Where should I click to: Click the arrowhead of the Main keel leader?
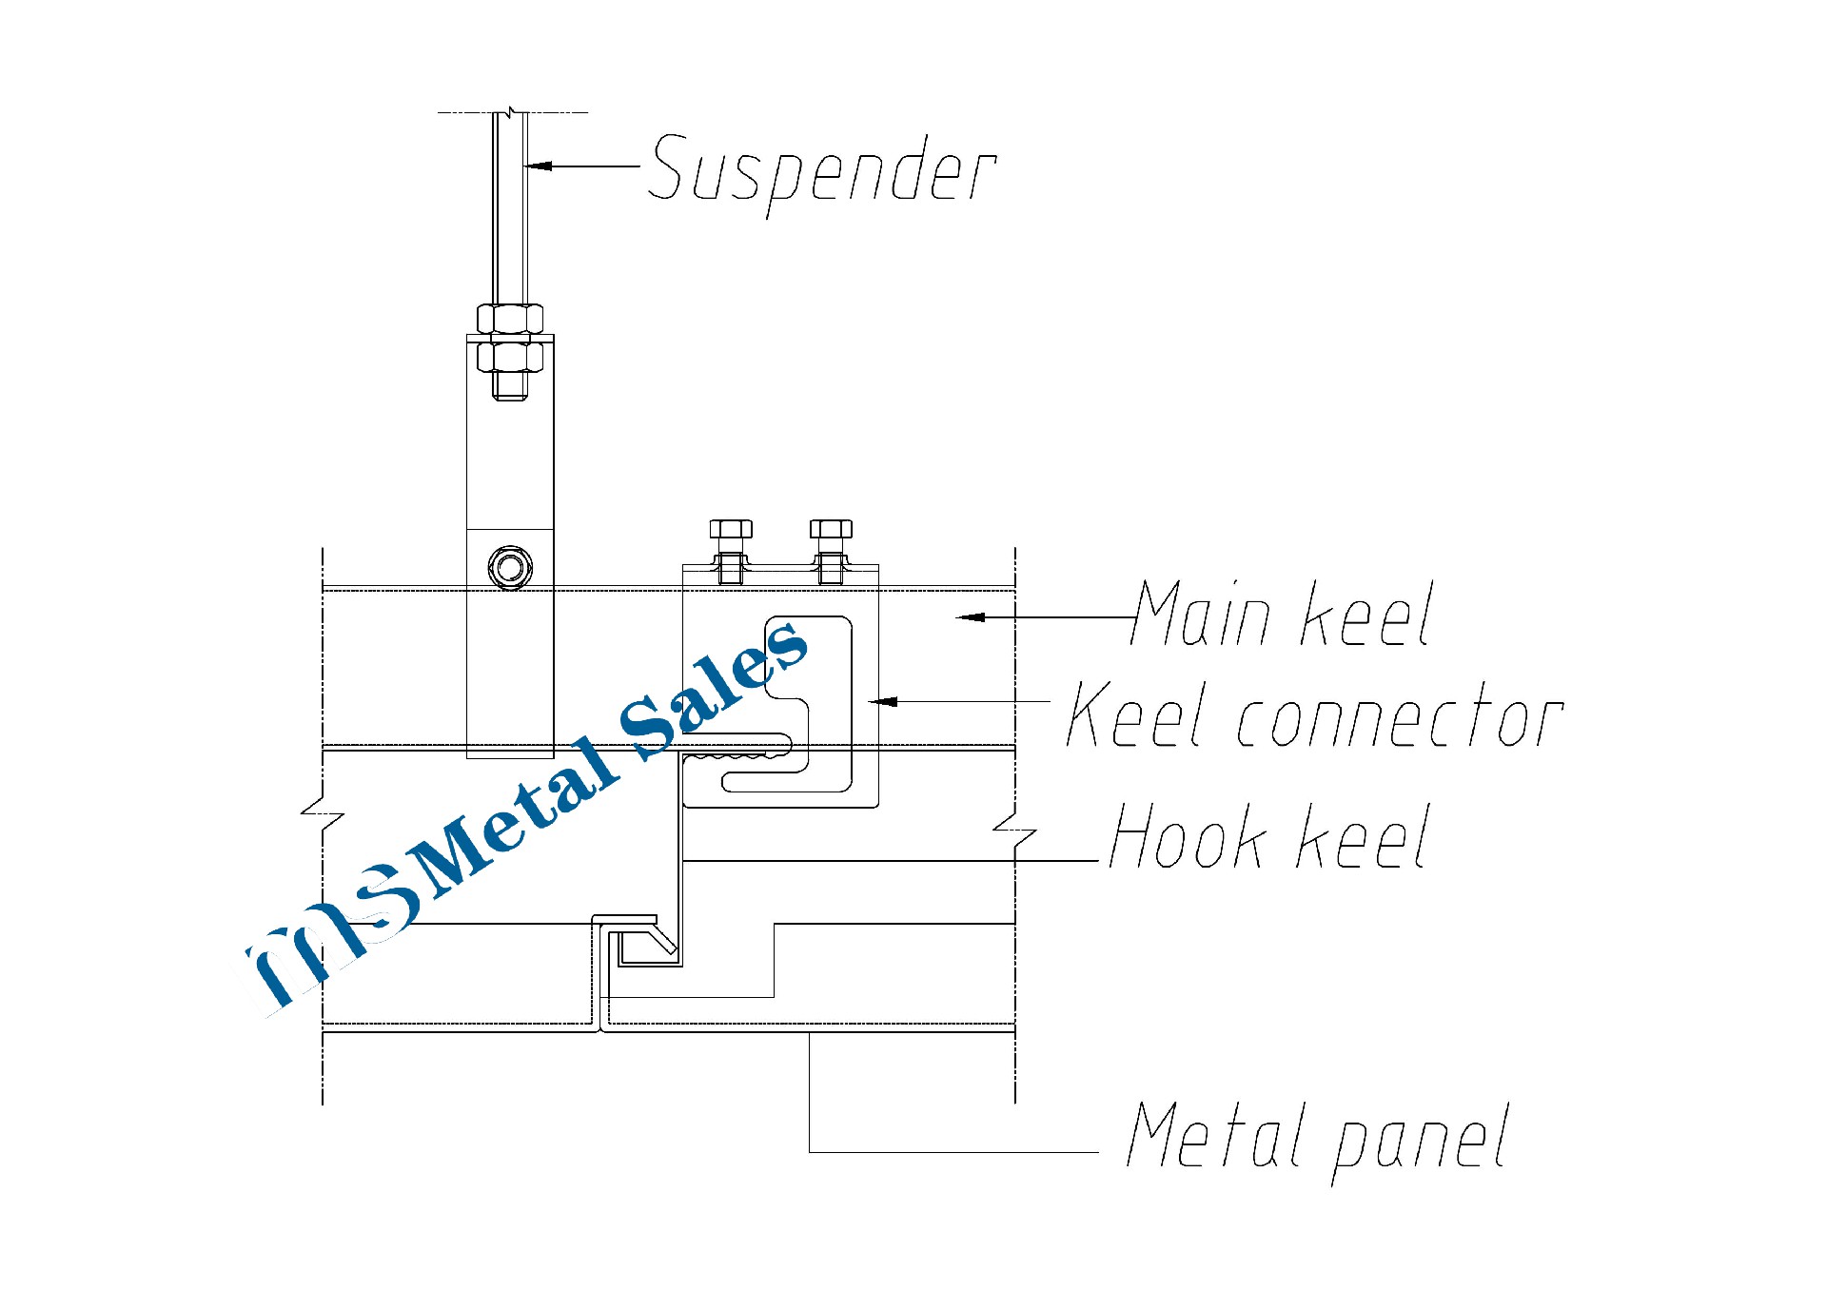coord(971,617)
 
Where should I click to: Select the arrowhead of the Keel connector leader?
coord(883,702)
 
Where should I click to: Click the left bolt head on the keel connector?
coord(731,529)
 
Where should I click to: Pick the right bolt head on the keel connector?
coord(831,529)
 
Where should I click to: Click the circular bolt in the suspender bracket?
coord(510,568)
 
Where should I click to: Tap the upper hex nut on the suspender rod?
coord(510,318)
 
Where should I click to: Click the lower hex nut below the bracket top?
coord(510,357)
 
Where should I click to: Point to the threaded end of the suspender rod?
coord(510,386)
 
